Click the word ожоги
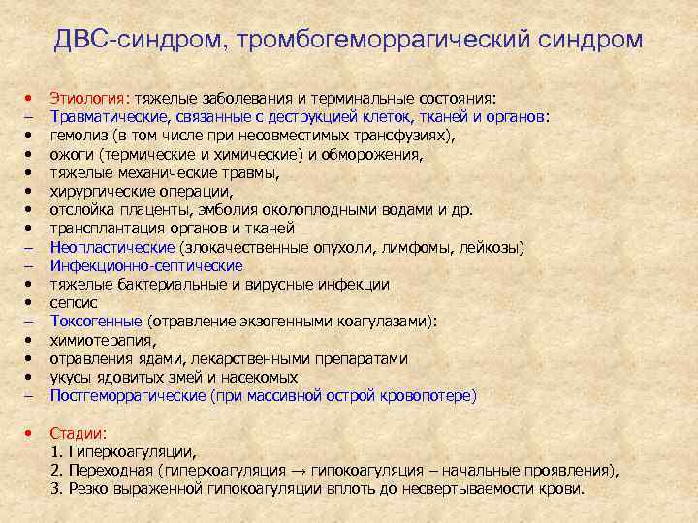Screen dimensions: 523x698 tap(70, 153)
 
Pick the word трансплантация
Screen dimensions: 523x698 tap(104, 228)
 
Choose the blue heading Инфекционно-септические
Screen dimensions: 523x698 tap(146, 265)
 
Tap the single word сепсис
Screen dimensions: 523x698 tap(74, 302)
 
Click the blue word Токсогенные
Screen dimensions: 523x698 tap(95, 321)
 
